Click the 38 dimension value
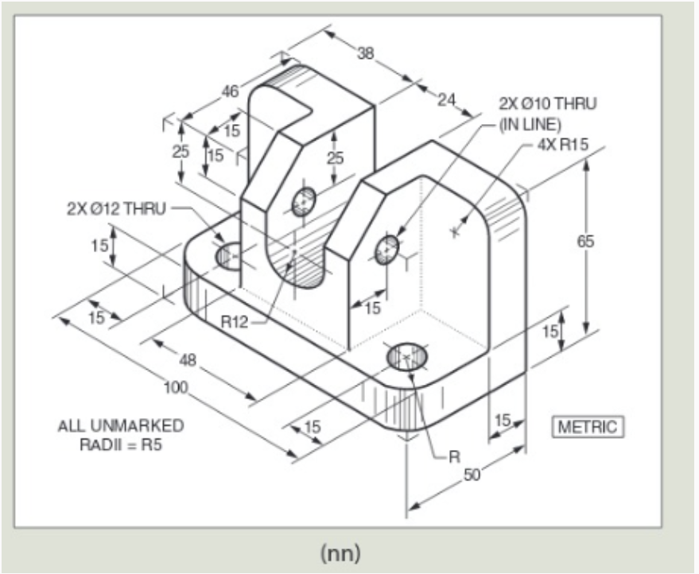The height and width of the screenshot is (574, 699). (366, 53)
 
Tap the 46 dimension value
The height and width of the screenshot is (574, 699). (230, 91)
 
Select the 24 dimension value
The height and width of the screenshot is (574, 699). (446, 99)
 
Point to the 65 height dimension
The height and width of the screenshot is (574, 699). (585, 241)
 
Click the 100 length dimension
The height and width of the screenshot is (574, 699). (176, 388)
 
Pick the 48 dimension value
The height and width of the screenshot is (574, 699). (188, 359)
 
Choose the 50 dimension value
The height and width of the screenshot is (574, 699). (472, 475)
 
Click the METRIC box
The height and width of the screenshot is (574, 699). (588, 427)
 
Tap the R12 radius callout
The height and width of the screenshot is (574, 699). (235, 321)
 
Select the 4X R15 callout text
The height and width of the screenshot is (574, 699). (562, 145)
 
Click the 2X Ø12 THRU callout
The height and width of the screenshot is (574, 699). (116, 208)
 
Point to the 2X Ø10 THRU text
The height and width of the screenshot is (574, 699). (547, 104)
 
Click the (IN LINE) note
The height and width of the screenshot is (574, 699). (530, 125)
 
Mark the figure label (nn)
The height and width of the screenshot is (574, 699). (340, 553)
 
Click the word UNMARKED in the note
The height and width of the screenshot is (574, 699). (137, 425)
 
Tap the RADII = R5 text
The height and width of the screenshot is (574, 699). (120, 444)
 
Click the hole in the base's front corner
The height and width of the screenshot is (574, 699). (406, 356)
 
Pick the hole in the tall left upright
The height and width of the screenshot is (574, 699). (304, 202)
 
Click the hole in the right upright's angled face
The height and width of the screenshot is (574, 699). (387, 250)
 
